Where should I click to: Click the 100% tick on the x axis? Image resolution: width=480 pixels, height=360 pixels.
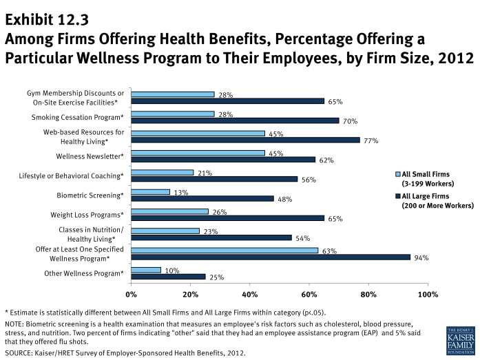coord(428,295)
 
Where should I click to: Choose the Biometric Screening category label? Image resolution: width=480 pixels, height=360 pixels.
coord(90,195)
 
